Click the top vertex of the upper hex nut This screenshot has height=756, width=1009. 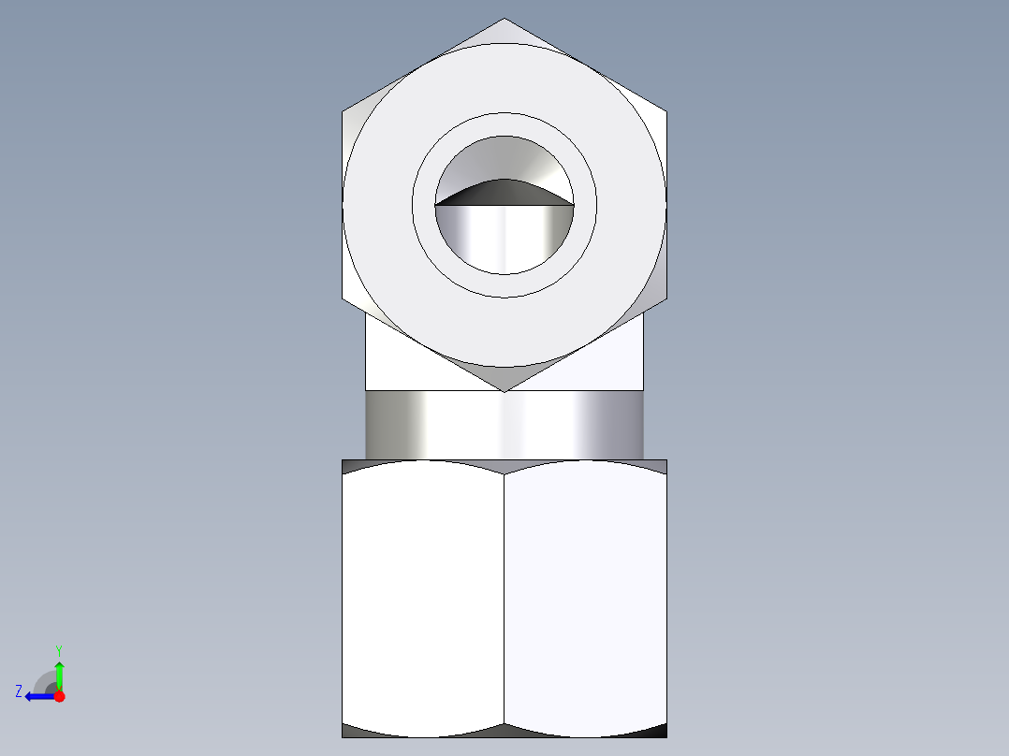click(x=504, y=19)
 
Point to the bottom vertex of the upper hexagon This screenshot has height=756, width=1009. click(x=504, y=391)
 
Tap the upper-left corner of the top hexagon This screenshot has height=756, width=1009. click(x=343, y=111)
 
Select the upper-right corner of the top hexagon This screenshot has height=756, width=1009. click(x=666, y=111)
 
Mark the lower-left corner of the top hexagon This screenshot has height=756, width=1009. click(x=343, y=300)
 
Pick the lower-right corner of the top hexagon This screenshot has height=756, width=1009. click(x=666, y=300)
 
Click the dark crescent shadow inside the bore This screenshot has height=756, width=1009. click(x=504, y=192)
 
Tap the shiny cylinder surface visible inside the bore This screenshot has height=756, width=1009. click(x=504, y=239)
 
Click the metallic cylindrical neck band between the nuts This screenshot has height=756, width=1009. click(x=504, y=425)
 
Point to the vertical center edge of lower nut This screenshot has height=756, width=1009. click(x=504, y=599)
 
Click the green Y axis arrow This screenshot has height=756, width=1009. click(x=59, y=673)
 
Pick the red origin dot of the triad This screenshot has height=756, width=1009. click(x=59, y=695)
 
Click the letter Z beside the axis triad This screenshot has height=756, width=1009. click(x=19, y=691)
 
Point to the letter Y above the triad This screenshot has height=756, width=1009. click(x=58, y=649)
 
